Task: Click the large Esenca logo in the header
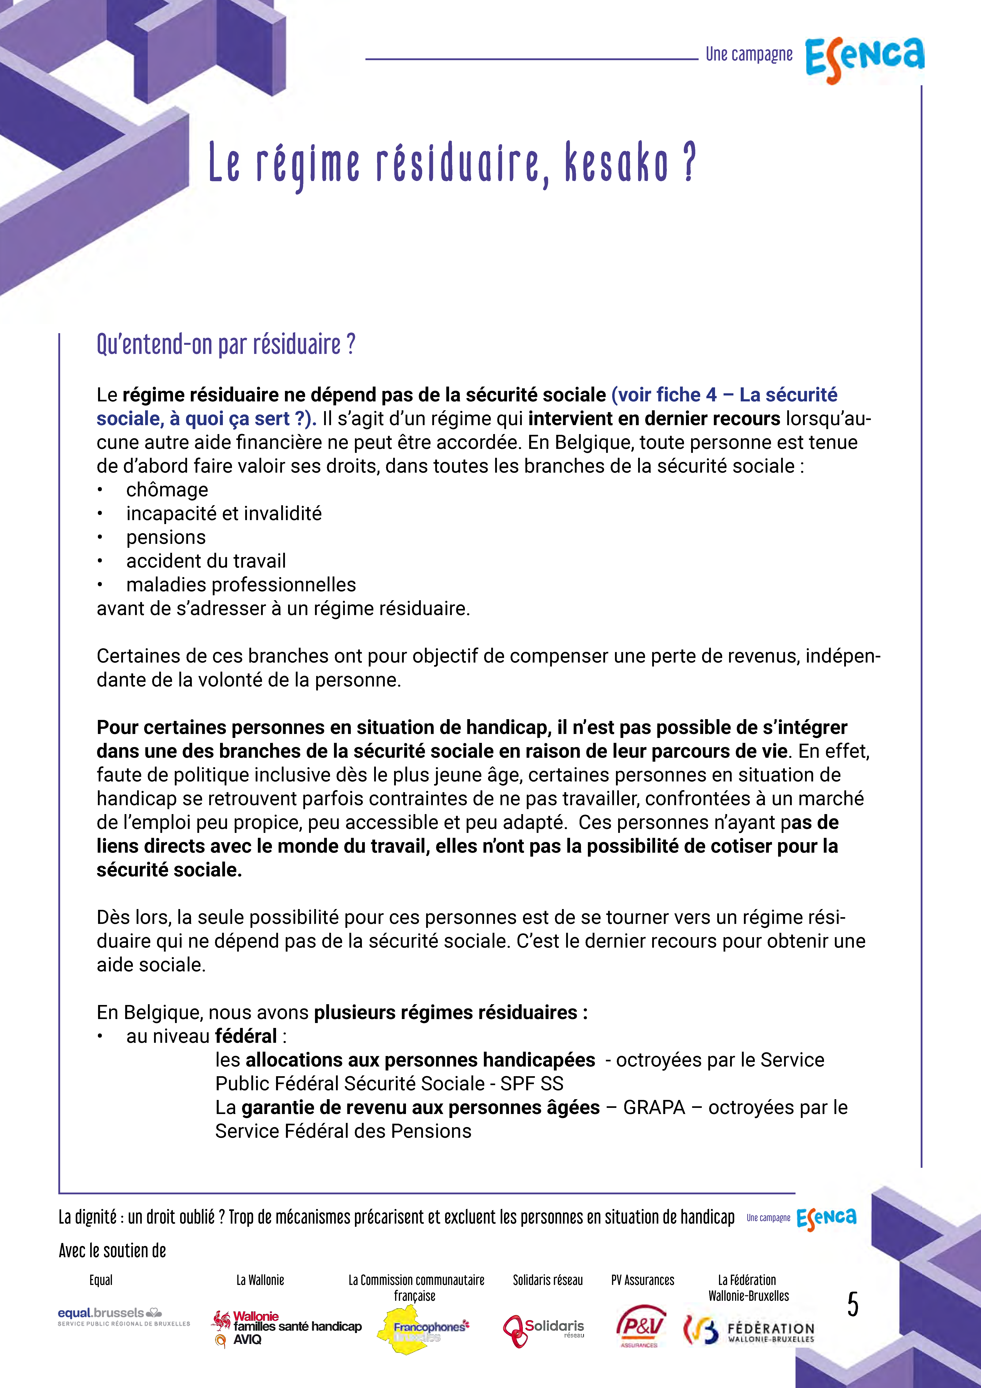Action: click(864, 59)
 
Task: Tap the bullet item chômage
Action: click(167, 490)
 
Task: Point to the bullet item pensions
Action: click(166, 537)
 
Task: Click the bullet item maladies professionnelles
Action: click(241, 585)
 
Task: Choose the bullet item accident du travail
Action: click(205, 561)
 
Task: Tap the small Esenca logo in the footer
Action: click(826, 1218)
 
